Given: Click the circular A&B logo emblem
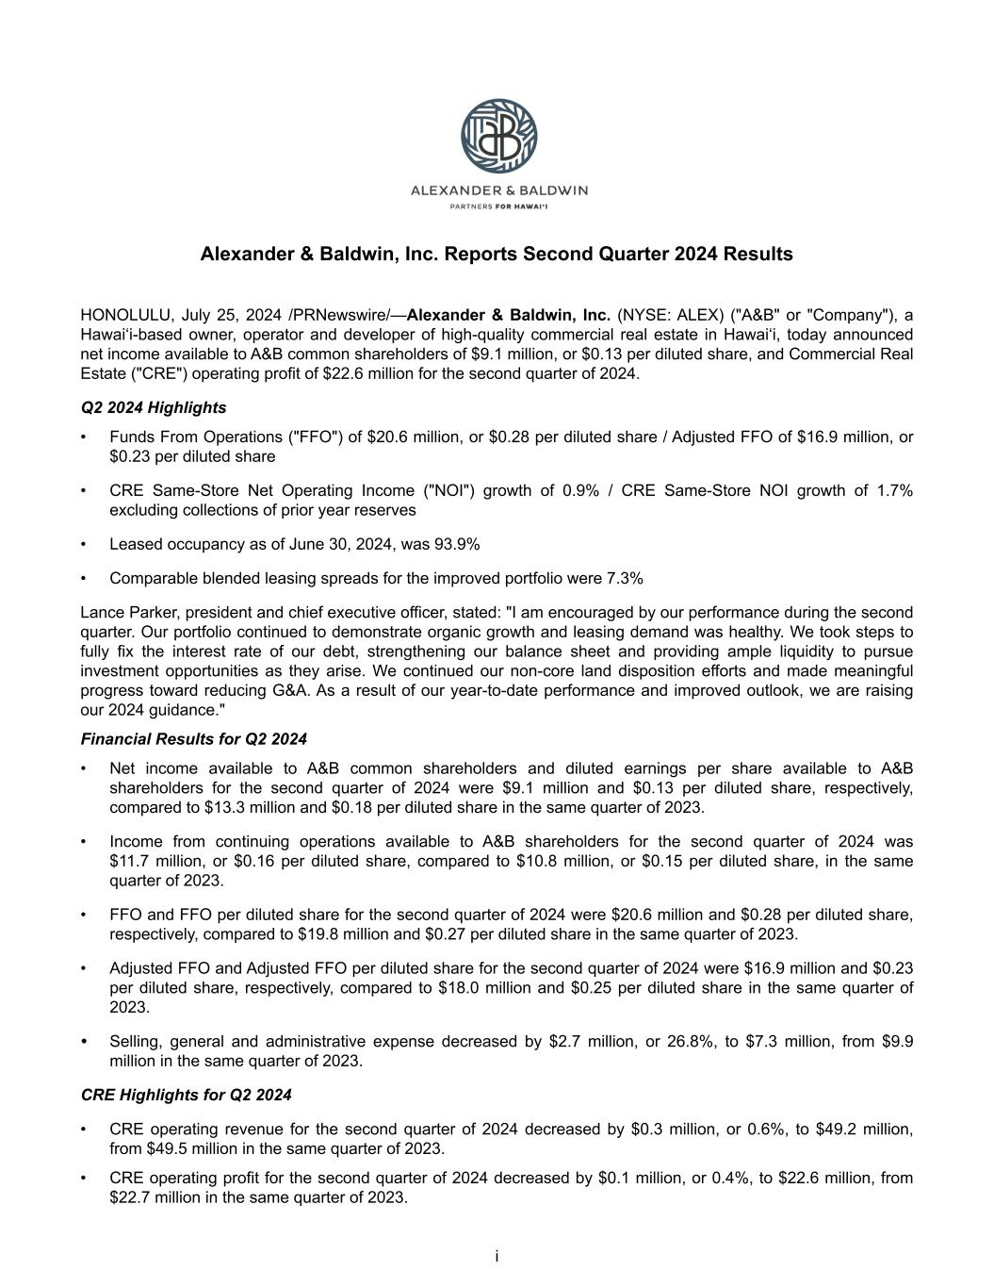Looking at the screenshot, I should pyautogui.click(x=498, y=136).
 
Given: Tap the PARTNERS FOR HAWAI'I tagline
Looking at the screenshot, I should pyautogui.click(x=498, y=206).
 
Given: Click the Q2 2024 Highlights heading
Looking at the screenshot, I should pyautogui.click(x=154, y=407).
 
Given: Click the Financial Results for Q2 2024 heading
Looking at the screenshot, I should pyautogui.click(x=194, y=739).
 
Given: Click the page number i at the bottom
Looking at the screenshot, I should pyautogui.click(x=497, y=1257).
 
